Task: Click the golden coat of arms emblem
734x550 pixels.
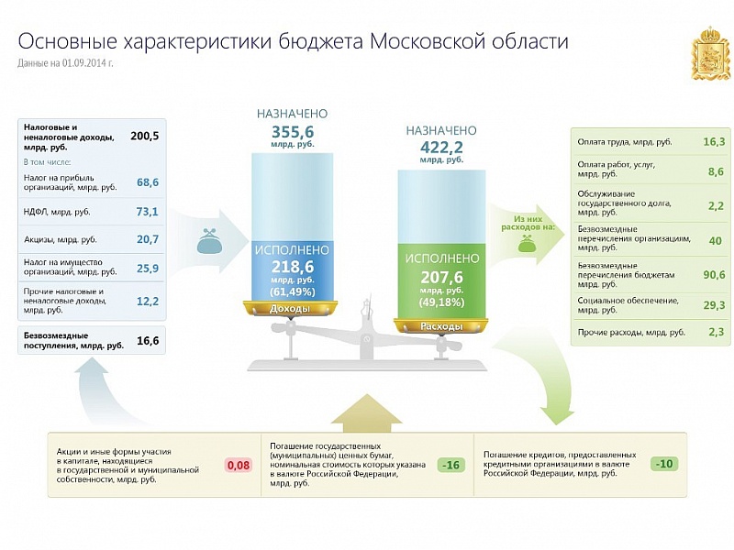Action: (710, 53)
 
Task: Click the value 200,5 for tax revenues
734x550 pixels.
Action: (145, 136)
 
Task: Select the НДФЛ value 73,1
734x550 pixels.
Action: (148, 212)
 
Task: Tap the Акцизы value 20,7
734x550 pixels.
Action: (148, 239)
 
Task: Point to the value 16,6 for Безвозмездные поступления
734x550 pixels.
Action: (148, 341)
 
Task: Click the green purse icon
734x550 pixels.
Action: (527, 243)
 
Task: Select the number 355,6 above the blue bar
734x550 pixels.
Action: (293, 131)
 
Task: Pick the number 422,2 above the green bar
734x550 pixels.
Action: (441, 148)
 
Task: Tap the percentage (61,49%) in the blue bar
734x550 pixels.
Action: (293, 291)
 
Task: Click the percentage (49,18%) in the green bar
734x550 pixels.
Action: (441, 302)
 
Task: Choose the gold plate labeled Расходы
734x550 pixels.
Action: (441, 326)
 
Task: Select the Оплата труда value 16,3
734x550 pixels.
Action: (714, 141)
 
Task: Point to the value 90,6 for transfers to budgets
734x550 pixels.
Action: (714, 274)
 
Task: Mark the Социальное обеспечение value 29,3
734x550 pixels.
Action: (714, 305)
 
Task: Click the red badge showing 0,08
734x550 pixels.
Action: (239, 466)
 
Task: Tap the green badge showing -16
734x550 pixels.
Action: (451, 465)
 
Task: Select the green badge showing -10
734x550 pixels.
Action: (664, 464)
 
